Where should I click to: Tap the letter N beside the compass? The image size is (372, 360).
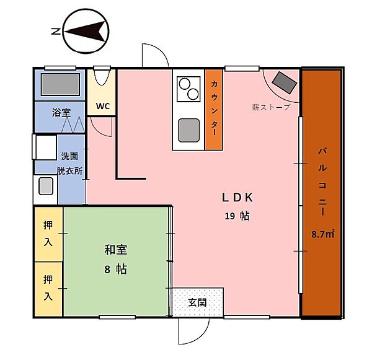[55, 30]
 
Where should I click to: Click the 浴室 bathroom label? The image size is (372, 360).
[60, 113]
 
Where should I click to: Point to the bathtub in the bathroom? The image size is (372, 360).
[60, 85]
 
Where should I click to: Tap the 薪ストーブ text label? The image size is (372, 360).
[271, 107]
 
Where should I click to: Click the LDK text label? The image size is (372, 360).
[238, 198]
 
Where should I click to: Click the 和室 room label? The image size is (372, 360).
[116, 250]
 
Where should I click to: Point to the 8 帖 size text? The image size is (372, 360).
[117, 270]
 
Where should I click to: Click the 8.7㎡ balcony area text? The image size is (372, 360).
[322, 234]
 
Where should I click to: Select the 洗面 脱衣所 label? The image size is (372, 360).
[69, 164]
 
